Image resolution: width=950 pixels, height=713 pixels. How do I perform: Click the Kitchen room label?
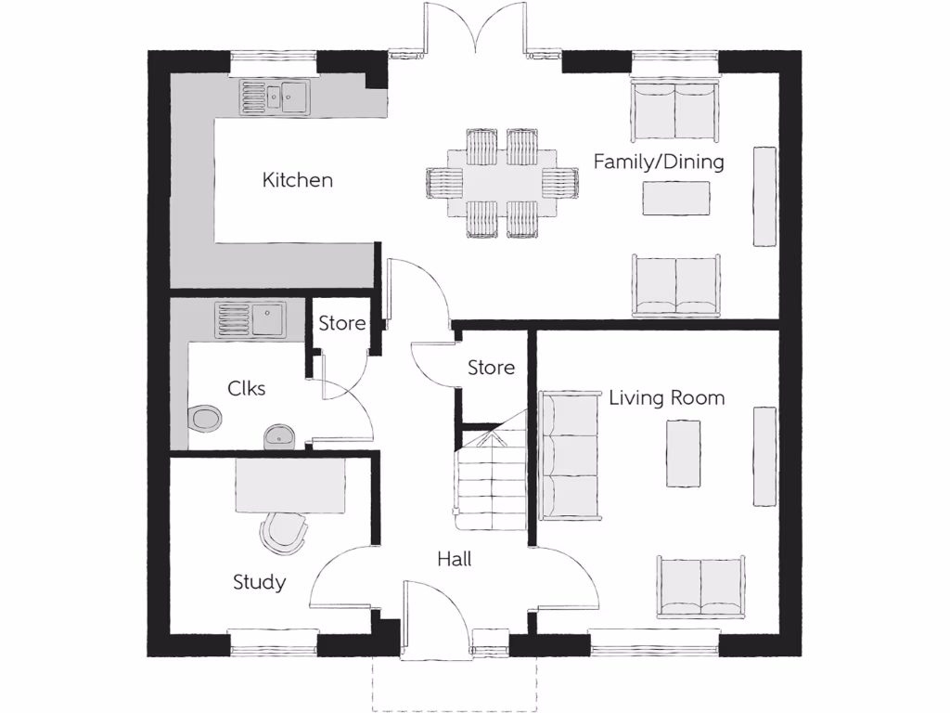[x=297, y=179]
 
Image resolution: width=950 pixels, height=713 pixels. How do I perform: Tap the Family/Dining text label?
[x=658, y=162]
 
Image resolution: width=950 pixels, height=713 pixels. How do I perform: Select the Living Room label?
[x=666, y=398]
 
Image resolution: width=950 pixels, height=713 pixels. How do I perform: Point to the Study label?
[x=259, y=582]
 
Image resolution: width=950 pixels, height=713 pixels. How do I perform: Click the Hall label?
[x=455, y=559]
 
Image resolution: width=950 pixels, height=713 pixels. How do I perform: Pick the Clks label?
[x=247, y=388]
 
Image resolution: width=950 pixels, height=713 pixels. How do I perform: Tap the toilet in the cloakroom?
[x=204, y=418]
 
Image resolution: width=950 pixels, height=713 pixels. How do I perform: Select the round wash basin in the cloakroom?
[x=279, y=435]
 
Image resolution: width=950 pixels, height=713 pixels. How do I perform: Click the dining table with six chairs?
[x=502, y=183]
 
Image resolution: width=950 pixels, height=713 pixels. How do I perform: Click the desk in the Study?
[x=290, y=486]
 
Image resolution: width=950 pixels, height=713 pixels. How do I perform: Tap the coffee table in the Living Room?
[x=683, y=453]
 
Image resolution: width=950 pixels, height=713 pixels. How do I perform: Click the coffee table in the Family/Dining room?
[x=676, y=197]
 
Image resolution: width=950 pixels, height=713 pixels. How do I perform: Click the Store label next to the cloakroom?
[x=342, y=323]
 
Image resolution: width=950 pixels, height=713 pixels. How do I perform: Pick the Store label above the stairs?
[x=491, y=368]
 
